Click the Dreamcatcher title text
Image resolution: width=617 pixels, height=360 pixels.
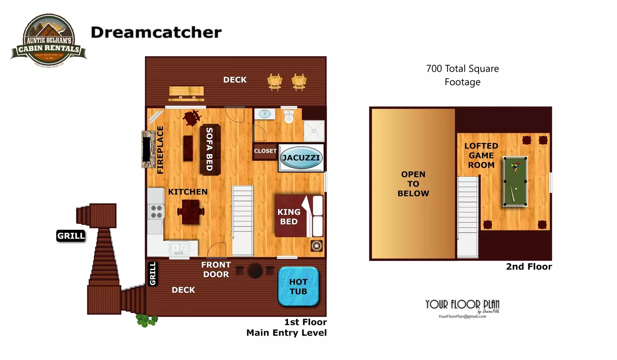[156, 32]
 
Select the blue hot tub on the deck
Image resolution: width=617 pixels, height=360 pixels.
[298, 286]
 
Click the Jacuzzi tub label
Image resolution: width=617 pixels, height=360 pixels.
[301, 158]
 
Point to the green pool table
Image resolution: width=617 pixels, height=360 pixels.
[515, 181]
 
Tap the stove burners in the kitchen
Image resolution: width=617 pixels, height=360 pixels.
[156, 211]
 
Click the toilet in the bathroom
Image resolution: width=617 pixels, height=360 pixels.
[289, 116]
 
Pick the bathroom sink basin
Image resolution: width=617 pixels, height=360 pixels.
[265, 113]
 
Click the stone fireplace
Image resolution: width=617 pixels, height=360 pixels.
[147, 149]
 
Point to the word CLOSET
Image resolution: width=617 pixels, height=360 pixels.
[265, 151]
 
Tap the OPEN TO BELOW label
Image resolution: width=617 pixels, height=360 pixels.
[413, 184]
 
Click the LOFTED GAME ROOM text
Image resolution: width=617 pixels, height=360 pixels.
[481, 155]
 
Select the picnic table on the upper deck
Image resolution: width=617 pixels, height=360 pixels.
[186, 93]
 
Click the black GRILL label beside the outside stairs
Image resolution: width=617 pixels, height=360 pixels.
[71, 236]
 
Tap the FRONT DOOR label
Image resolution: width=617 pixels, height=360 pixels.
[216, 269]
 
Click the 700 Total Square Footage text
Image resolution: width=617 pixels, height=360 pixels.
[462, 75]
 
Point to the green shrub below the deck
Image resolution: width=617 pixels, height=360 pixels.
[146, 320]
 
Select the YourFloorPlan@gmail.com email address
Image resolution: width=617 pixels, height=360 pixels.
[462, 316]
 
